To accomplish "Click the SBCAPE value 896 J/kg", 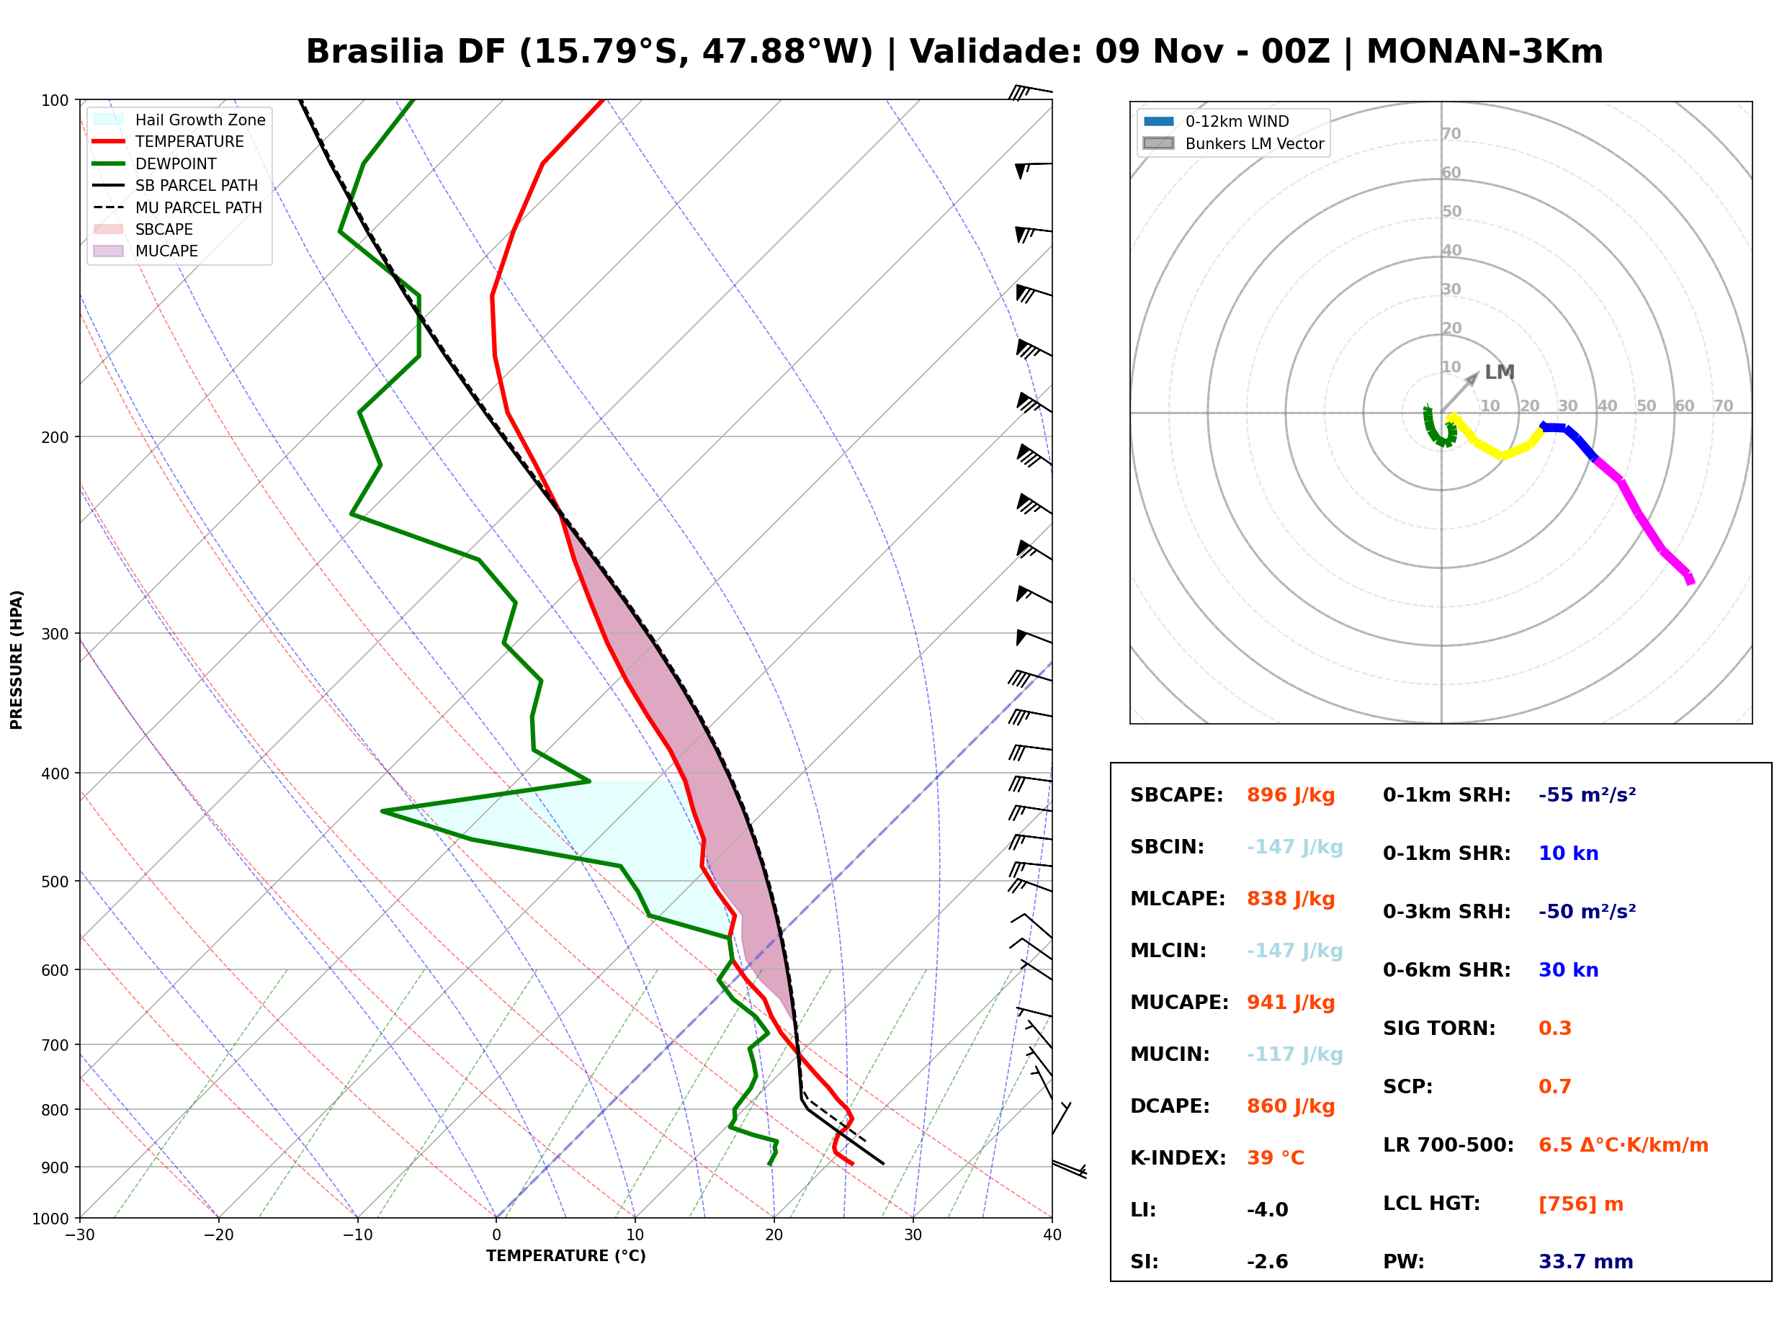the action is [x=1291, y=795].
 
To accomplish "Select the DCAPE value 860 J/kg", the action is [x=1291, y=1106].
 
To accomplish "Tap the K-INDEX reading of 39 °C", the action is [x=1276, y=1158].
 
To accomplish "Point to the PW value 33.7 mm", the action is [x=1586, y=1262].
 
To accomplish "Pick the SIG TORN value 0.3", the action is [x=1554, y=1029].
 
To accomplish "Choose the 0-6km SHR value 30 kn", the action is [x=1568, y=971].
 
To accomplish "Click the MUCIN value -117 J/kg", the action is [x=1294, y=1054].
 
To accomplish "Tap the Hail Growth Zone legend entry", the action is [x=179, y=120].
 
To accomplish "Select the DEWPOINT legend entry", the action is [x=155, y=163].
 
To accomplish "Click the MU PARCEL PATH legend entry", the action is [x=177, y=207].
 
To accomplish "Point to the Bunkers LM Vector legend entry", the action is [x=1233, y=143].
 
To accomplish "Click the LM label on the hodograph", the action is [x=1499, y=372].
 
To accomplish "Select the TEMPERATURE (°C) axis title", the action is [x=566, y=1257].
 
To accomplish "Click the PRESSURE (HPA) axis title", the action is [x=17, y=660].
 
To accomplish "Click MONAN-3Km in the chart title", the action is [x=1485, y=52].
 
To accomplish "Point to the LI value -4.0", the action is [x=1268, y=1210].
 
